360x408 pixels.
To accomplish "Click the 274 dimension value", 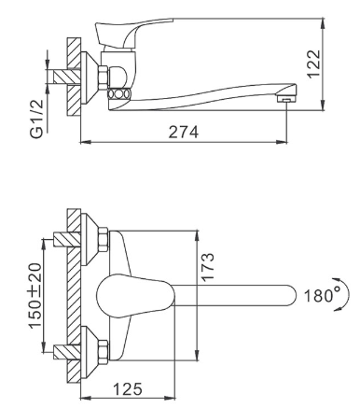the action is [183, 132].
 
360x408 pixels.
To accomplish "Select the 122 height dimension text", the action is [313, 63].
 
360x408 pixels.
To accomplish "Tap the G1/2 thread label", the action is [36, 116].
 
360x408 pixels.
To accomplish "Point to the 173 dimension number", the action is [208, 267].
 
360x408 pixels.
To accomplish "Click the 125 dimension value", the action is [127, 388].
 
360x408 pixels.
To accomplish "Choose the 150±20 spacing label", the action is [35, 296].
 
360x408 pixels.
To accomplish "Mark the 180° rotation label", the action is [322, 295].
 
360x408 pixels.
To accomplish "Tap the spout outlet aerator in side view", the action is [286, 100].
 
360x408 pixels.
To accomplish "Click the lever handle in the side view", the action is [133, 33].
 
